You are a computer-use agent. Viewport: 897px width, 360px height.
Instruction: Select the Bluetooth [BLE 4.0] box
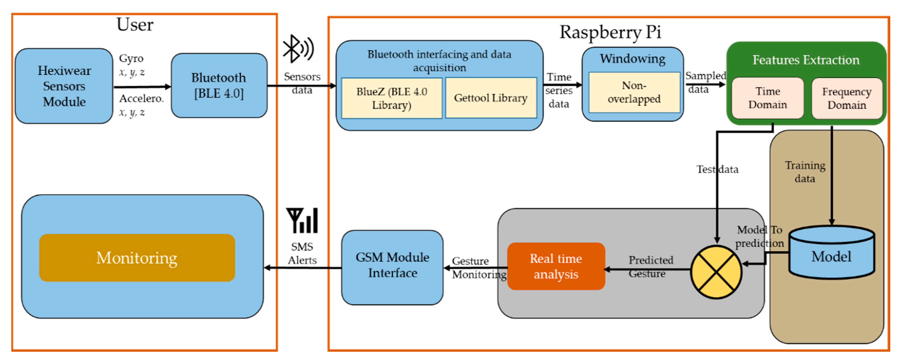click(x=219, y=86)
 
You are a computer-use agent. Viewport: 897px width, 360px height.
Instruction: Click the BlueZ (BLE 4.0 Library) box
click(x=392, y=98)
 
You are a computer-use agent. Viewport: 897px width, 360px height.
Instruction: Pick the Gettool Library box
click(x=491, y=98)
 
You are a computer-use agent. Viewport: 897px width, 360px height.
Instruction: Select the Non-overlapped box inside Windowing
click(x=634, y=92)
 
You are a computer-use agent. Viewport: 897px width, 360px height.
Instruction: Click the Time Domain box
click(x=768, y=98)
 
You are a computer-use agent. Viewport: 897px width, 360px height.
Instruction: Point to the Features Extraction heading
click(x=806, y=60)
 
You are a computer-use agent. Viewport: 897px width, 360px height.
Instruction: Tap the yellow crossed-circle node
click(x=716, y=272)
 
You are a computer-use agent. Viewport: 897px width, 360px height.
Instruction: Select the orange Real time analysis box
click(x=556, y=266)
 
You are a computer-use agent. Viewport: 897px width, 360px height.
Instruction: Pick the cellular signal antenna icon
click(x=302, y=220)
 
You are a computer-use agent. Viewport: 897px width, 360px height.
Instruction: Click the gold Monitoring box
click(x=137, y=258)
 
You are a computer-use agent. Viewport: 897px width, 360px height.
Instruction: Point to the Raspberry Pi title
click(x=610, y=32)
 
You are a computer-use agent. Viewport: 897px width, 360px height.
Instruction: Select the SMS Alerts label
click(x=302, y=253)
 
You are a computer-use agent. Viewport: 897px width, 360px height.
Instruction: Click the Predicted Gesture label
click(x=650, y=267)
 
